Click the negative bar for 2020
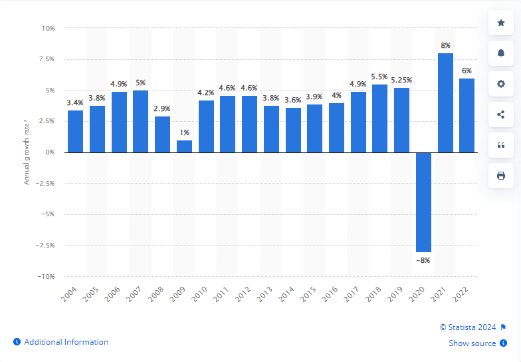[x=423, y=202]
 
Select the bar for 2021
[x=445, y=102]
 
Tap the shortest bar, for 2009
[x=184, y=146]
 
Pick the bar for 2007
[x=141, y=121]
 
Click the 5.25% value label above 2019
[x=401, y=80]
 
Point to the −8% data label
[x=423, y=260]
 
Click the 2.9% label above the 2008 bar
[x=162, y=108]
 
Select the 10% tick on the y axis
[x=49, y=29]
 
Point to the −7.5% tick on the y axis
[x=45, y=245]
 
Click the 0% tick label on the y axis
[x=51, y=152]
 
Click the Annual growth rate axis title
[x=27, y=152]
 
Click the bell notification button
[x=500, y=53]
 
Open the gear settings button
[x=500, y=84]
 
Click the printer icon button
[x=500, y=176]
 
